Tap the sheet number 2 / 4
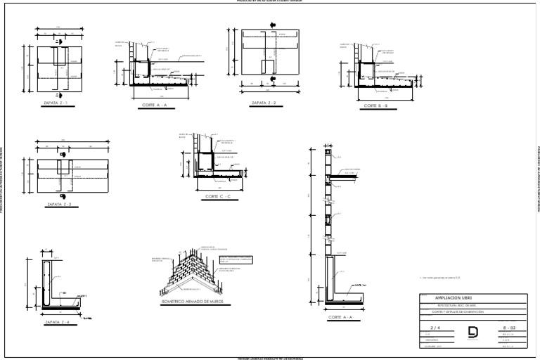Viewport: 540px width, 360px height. [x=434, y=328]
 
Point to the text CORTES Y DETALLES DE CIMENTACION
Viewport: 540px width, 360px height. [x=458, y=312]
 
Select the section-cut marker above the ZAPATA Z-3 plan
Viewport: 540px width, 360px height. [x=63, y=154]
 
